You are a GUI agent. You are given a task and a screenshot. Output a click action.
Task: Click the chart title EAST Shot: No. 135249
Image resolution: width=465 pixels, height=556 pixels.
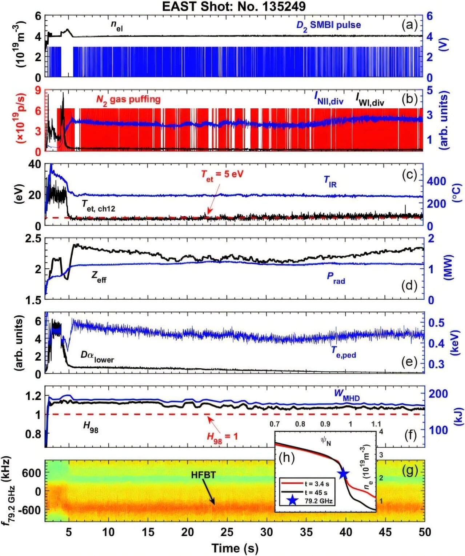(x=234, y=6)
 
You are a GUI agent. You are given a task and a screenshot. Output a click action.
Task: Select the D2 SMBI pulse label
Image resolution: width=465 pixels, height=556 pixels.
(x=328, y=25)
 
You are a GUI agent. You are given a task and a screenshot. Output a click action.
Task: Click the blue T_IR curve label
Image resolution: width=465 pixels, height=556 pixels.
(x=330, y=181)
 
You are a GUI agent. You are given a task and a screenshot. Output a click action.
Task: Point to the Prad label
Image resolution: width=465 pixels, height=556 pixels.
(x=336, y=278)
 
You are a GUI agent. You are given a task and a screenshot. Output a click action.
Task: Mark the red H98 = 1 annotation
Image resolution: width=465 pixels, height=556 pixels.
(x=222, y=436)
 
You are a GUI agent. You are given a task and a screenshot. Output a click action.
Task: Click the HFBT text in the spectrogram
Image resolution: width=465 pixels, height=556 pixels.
(x=203, y=475)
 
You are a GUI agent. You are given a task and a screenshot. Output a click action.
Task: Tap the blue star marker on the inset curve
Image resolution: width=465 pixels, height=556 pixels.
(x=343, y=474)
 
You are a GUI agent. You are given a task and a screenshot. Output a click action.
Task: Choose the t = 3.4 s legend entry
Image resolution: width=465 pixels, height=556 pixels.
(x=317, y=484)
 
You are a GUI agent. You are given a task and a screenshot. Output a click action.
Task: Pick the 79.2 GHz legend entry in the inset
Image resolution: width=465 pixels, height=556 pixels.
(x=318, y=501)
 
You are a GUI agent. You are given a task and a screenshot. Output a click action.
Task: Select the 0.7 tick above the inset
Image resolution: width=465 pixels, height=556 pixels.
(x=274, y=424)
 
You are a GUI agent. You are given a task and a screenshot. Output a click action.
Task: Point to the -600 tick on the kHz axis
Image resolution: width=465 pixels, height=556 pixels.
(x=31, y=510)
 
